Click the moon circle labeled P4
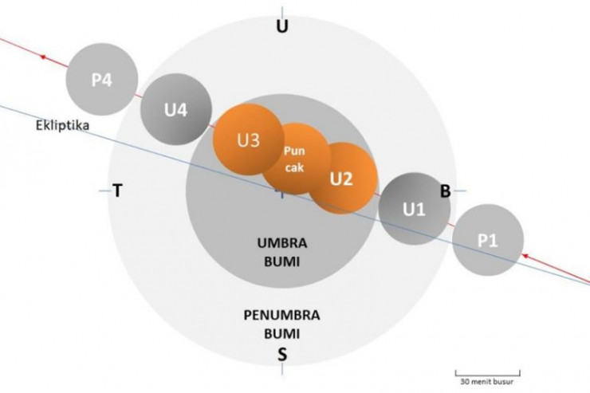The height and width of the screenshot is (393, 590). click(x=102, y=80)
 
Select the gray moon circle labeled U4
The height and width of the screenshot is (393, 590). click(x=176, y=109)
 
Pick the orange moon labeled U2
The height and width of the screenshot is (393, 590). click(x=341, y=178)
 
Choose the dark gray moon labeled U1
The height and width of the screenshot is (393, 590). click(x=413, y=209)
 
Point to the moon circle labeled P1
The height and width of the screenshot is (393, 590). click(x=488, y=240)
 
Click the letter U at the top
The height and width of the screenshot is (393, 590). click(x=281, y=27)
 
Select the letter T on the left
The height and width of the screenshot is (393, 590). click(x=118, y=191)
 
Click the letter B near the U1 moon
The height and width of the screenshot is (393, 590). click(x=446, y=190)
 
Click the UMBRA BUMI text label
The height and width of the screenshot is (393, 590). click(x=281, y=251)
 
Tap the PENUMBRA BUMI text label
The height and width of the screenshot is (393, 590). click(x=281, y=322)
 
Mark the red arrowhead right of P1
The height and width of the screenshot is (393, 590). click(x=525, y=255)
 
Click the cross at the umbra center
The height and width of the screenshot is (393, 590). click(x=281, y=192)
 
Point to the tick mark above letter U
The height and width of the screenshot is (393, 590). click(x=281, y=10)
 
